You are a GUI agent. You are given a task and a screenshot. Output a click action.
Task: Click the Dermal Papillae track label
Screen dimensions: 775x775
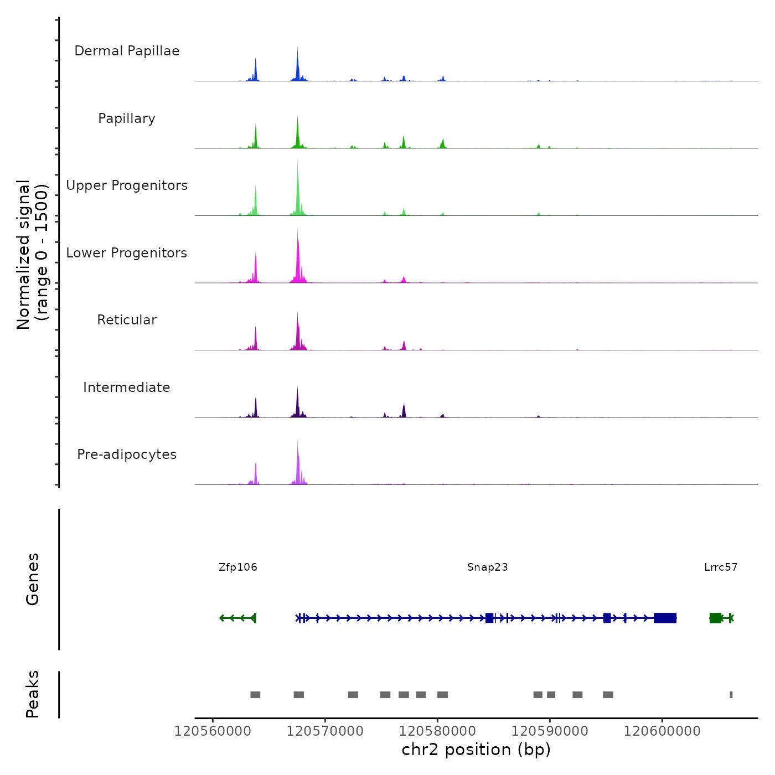[x=127, y=51]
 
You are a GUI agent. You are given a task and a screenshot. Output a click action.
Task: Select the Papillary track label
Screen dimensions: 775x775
[x=127, y=118]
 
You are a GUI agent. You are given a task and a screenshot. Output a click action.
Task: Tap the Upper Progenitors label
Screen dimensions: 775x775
[x=127, y=185]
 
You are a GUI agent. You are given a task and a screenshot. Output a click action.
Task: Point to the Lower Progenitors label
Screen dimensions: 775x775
[x=127, y=253]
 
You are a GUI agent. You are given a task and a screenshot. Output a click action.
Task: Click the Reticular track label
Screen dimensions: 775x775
[x=127, y=320]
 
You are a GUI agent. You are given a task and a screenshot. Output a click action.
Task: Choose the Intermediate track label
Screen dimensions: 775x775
[x=127, y=387]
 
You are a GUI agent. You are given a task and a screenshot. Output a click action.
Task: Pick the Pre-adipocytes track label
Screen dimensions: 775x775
[x=127, y=454]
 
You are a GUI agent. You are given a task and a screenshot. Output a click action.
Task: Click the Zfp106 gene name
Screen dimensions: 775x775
[x=238, y=567]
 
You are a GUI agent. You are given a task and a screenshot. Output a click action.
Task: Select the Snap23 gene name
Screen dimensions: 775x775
[x=487, y=567]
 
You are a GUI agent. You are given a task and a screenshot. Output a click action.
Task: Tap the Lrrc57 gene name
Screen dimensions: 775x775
[x=721, y=567]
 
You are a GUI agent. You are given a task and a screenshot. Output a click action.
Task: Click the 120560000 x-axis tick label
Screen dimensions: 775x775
[x=213, y=731]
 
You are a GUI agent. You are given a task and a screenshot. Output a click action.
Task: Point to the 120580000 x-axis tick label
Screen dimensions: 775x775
[x=437, y=731]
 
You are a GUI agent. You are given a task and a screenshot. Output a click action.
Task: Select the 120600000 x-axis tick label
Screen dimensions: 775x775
[x=662, y=731]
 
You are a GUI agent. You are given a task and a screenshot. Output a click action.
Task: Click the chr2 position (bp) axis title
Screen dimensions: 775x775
[x=476, y=750]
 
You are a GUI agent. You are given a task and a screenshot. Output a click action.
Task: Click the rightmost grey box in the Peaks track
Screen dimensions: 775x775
[x=731, y=695]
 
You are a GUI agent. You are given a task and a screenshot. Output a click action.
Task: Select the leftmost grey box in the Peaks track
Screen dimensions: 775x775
[x=255, y=695]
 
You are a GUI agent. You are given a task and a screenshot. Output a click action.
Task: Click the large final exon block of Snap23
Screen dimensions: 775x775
[x=665, y=618]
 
